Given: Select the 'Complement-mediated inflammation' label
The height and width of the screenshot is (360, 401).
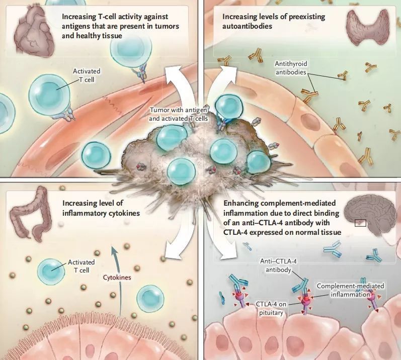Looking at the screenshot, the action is click(x=351, y=290).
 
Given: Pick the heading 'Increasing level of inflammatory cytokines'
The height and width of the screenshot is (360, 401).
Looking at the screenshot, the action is click(x=101, y=209).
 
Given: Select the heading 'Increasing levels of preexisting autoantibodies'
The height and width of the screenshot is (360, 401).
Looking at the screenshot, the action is click(x=274, y=21).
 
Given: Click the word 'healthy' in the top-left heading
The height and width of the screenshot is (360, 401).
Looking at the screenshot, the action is click(x=95, y=36).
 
